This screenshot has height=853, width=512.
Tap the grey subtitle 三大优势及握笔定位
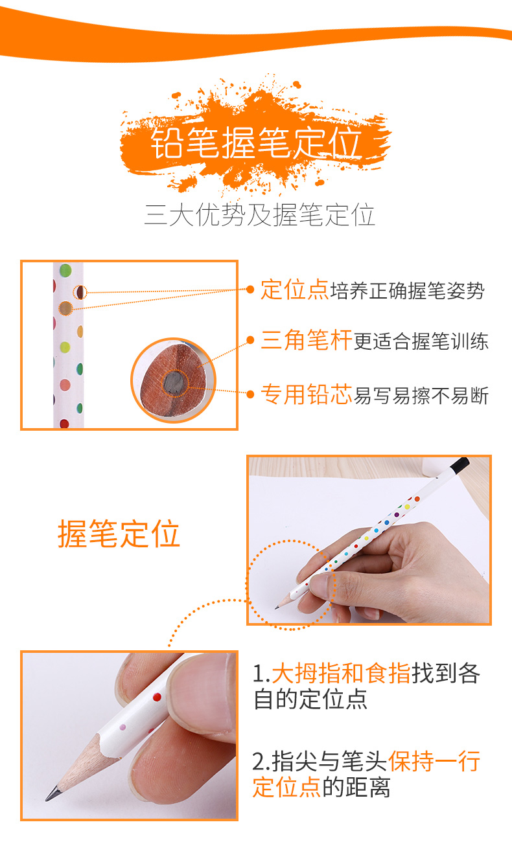[x=260, y=215]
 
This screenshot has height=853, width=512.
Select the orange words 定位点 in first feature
[x=294, y=290]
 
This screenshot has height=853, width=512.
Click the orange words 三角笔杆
[x=307, y=339]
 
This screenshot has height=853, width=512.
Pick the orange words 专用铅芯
[x=307, y=394]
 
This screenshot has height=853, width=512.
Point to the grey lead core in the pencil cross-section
[x=174, y=382]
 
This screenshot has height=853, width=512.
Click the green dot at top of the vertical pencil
[x=65, y=270]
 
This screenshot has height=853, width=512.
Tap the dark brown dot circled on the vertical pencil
[x=80, y=292]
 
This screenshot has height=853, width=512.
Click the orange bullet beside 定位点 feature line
[x=250, y=290]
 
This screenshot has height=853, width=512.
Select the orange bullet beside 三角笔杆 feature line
[x=250, y=339]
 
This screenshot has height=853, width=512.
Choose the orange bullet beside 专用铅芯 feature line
[x=250, y=394]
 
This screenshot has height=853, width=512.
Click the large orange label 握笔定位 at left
[x=119, y=534]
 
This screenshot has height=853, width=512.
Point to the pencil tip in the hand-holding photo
[x=277, y=608]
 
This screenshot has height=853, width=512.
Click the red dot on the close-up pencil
[x=157, y=697]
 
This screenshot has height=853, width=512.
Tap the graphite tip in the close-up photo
[x=52, y=794]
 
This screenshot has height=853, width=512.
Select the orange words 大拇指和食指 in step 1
[x=341, y=673]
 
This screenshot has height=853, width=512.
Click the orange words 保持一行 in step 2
[x=434, y=761]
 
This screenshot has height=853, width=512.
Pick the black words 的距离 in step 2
[x=356, y=787]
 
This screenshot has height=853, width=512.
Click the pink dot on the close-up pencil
[x=122, y=727]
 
